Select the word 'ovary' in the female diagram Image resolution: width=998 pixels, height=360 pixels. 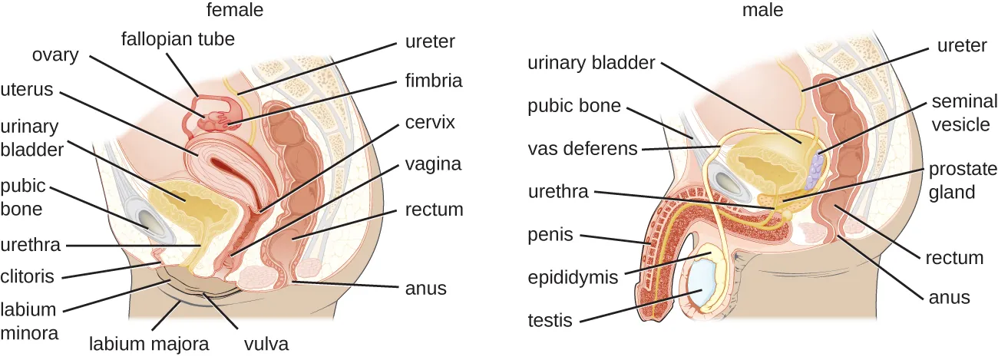click(55, 55)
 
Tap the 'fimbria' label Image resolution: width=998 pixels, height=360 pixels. click(434, 80)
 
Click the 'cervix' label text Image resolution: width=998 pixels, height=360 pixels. click(431, 122)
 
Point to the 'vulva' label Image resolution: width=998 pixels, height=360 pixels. click(266, 343)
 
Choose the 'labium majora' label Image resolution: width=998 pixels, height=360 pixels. click(149, 343)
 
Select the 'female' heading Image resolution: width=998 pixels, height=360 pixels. click(235, 10)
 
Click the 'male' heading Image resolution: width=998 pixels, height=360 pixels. click(762, 10)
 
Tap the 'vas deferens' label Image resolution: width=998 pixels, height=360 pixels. click(583, 148)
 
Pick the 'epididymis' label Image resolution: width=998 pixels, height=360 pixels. click(573, 277)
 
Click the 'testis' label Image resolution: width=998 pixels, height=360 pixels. click(550, 320)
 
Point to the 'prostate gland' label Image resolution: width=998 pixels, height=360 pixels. click(963, 180)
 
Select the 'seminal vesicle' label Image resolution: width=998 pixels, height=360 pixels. click(960, 112)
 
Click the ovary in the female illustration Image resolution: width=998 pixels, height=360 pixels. click(210, 120)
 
